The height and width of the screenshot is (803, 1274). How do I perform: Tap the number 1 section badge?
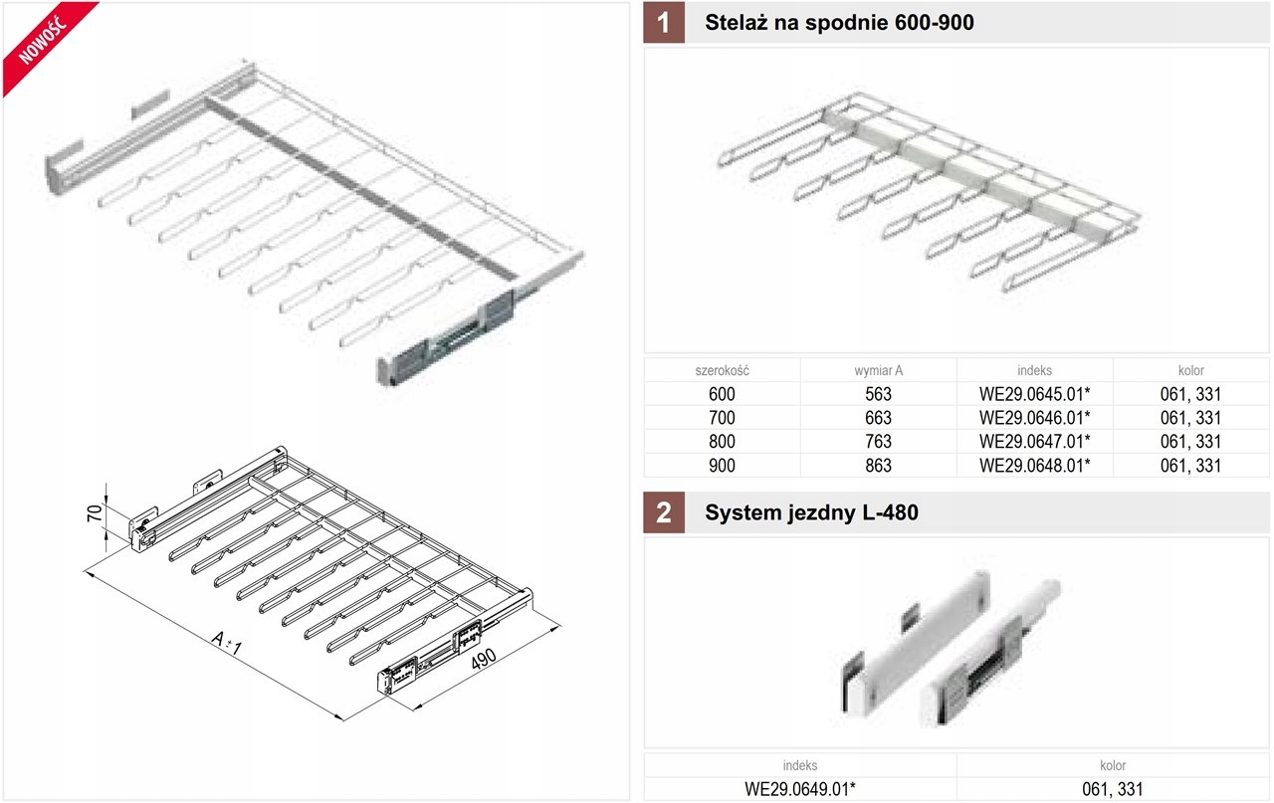[664, 23]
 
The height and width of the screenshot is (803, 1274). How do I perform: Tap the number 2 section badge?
[664, 513]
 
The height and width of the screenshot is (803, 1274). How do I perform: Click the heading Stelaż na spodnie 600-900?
[839, 23]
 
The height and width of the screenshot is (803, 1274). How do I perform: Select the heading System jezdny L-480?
[811, 513]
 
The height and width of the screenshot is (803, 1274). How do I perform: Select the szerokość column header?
[722, 370]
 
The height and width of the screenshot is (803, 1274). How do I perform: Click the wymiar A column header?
[879, 370]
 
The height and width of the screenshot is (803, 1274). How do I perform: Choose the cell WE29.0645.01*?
[1035, 394]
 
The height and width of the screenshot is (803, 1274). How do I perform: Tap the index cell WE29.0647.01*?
[1035, 441]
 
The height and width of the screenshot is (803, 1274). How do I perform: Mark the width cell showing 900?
[722, 465]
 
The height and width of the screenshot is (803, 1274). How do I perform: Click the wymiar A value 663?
[879, 418]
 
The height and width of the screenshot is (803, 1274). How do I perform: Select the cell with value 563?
[879, 394]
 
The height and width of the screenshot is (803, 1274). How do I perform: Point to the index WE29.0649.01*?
[800, 789]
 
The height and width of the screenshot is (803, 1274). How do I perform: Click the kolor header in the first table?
[1190, 370]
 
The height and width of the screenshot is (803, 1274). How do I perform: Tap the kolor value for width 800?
[1190, 441]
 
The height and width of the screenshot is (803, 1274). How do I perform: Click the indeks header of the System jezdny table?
[800, 765]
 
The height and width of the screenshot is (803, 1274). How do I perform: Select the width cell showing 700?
[722, 418]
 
